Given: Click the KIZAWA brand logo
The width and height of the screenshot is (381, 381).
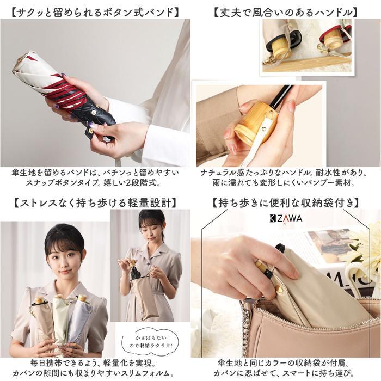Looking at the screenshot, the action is coord(286,219).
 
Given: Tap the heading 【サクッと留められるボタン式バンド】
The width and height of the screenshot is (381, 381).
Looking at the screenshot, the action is coord(95,13).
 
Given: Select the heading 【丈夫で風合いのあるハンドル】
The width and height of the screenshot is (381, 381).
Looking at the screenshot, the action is coord(286,13).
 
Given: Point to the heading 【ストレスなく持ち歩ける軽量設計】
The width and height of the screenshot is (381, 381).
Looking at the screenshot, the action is coord(95,203).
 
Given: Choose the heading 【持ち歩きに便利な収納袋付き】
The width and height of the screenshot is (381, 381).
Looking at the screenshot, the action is coord(286,203).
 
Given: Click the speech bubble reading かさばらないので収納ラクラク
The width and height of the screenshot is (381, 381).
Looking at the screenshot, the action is coord(150,341).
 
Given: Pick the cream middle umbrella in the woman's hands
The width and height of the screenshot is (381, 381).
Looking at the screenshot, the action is coord(61,318).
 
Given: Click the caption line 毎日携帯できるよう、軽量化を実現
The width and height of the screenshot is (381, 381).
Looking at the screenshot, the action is coord(93,363).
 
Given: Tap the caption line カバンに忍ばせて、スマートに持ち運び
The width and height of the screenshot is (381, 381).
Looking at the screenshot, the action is coord(286,373).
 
